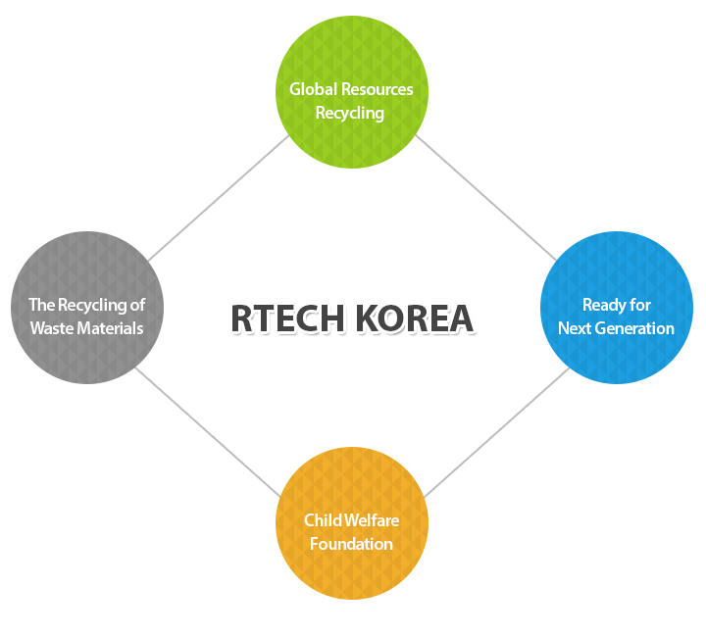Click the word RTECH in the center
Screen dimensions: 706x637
pos(287,318)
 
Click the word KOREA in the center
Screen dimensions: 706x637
pos(415,318)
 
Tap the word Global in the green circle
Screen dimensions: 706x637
pos(314,89)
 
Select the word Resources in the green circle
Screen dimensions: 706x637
pos(378,89)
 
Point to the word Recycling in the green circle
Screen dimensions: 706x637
pos(350,113)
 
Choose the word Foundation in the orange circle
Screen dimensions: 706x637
pos(351,544)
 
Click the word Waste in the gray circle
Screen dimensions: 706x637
pos(52,328)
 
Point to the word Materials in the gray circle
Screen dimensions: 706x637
pos(110,328)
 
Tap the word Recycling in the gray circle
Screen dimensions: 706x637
pos(92,306)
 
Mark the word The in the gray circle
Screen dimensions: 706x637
pos(42,305)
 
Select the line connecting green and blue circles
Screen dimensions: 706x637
pos(486,198)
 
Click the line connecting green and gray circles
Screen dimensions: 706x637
pos(219,198)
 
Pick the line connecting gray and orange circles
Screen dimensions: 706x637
pos(208,432)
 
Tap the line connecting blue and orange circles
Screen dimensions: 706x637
pos(497,432)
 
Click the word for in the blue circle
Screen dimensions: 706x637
pos(640,305)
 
